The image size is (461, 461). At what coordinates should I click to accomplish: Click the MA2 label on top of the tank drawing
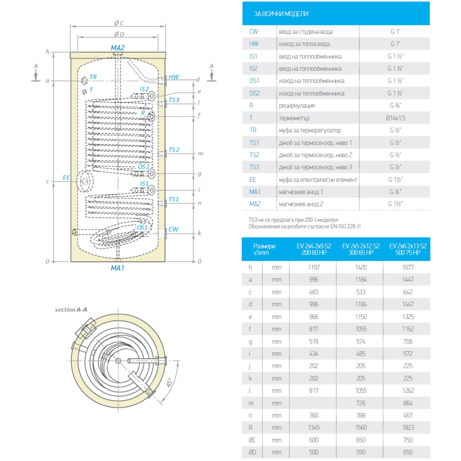[118, 47]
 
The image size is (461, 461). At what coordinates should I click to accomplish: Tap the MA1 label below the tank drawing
[118, 268]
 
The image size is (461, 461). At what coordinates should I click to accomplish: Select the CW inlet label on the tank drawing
[174, 229]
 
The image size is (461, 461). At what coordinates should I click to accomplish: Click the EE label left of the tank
[66, 177]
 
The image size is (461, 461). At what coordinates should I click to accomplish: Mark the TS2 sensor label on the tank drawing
[174, 150]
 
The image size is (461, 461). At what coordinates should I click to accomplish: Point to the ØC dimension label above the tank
[119, 23]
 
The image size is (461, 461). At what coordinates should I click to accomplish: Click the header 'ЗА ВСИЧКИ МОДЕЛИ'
[281, 14]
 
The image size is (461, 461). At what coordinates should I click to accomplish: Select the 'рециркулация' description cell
[297, 106]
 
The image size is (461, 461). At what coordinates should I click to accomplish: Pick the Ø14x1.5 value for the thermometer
[394, 118]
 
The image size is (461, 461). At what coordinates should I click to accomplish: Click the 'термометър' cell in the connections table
[295, 118]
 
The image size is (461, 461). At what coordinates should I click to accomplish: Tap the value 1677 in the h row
[408, 267]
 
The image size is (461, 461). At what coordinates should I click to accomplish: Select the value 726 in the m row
[361, 403]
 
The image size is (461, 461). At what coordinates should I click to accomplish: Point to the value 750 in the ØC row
[408, 440]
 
